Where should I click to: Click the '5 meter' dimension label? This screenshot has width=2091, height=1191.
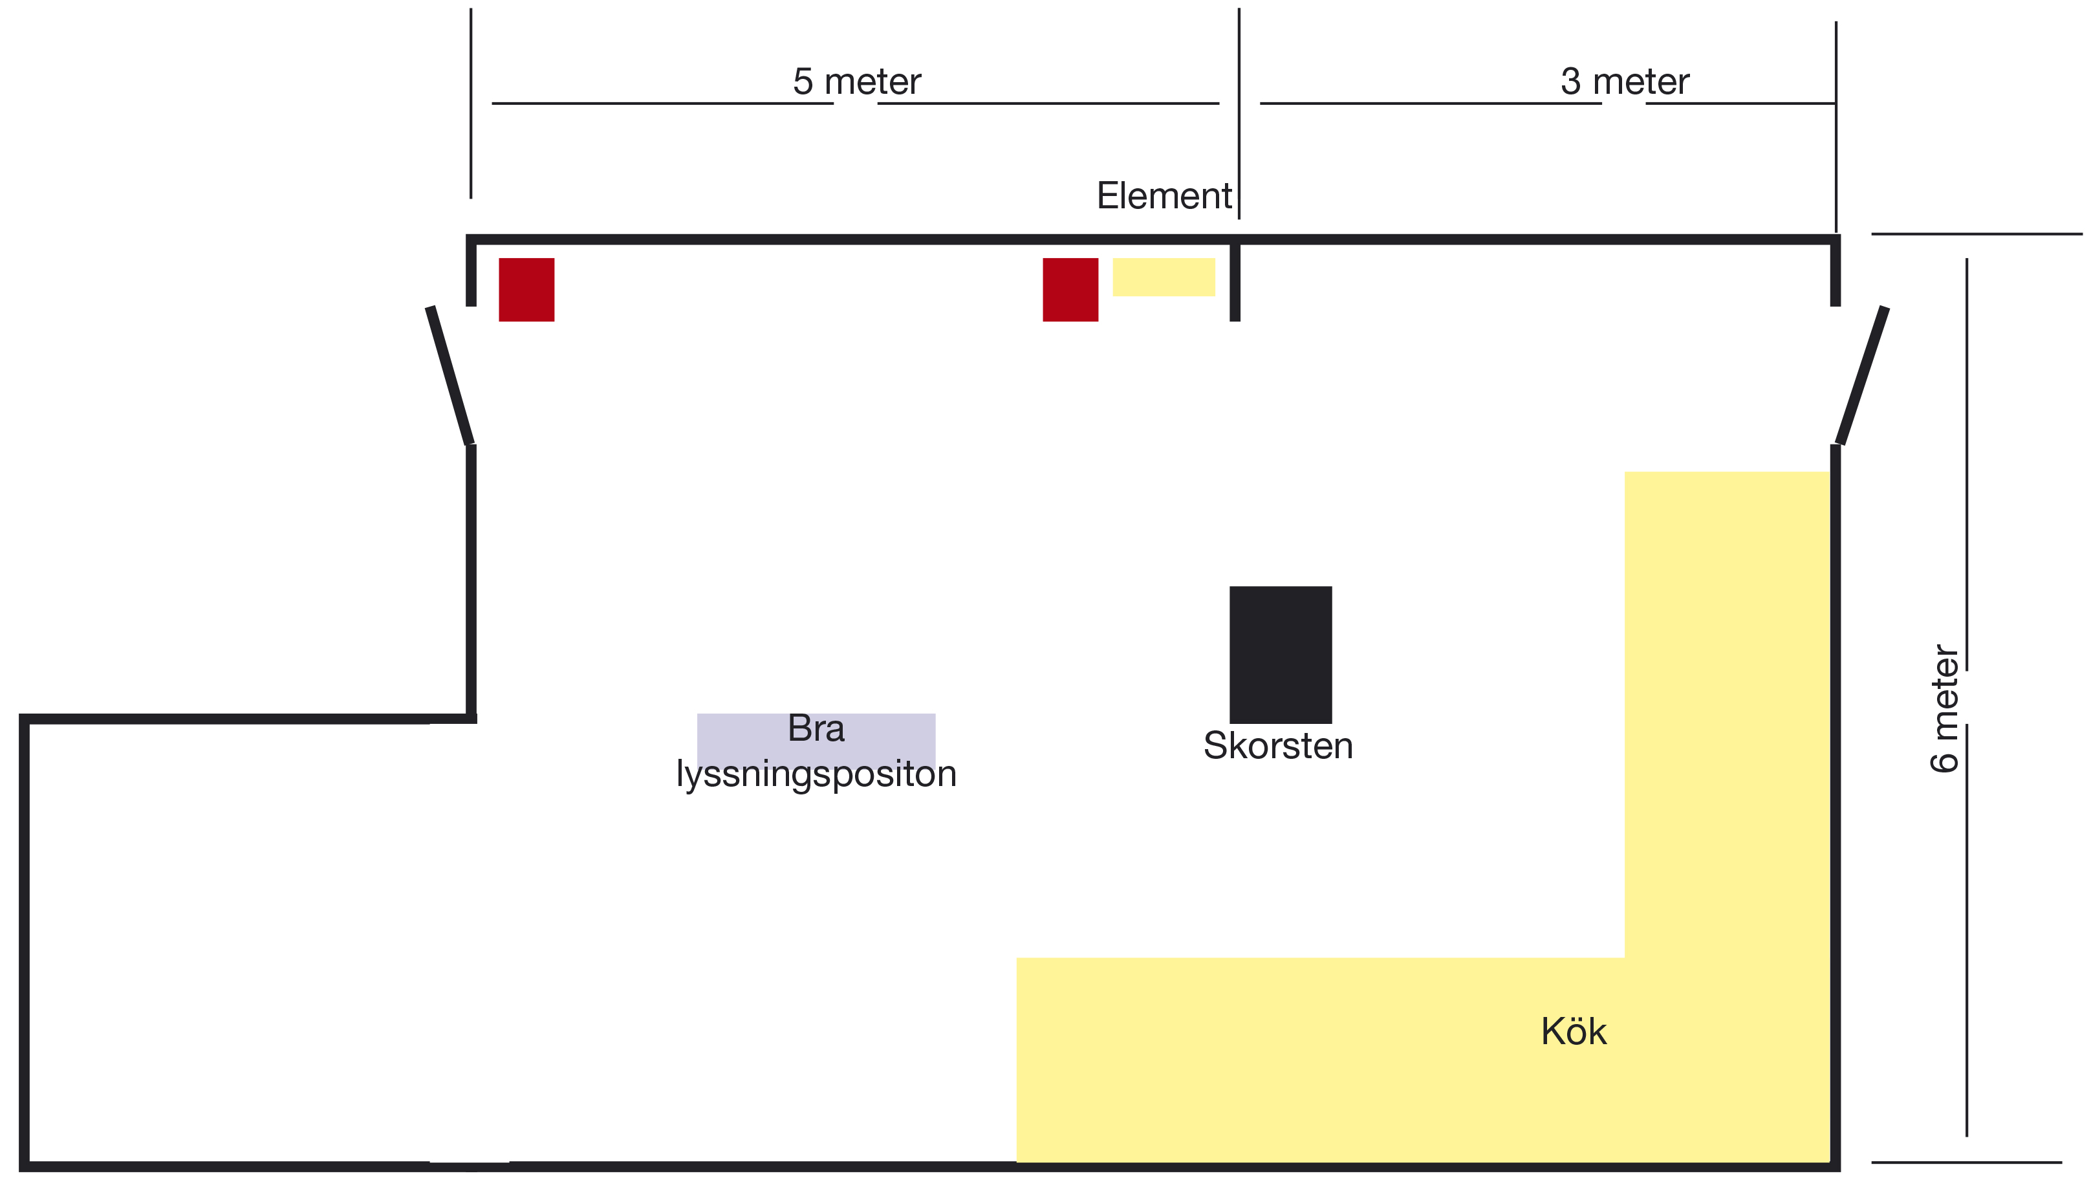pos(856,82)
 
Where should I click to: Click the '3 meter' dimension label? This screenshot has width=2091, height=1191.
pos(1624,82)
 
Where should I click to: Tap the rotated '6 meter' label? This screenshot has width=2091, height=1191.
pos(1945,708)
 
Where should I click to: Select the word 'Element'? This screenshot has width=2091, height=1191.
pos(1164,196)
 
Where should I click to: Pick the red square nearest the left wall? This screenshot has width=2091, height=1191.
pos(526,290)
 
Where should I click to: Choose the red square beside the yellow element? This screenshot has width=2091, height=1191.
pos(1070,290)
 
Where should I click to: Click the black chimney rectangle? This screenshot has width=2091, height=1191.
pos(1280,655)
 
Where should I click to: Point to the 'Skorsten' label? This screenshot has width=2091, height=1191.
pos(1277,746)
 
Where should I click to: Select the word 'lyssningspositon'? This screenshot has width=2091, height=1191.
pos(816,774)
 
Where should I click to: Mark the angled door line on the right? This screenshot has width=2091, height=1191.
pos(1862,377)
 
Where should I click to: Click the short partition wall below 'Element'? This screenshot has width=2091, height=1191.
pos(1235,282)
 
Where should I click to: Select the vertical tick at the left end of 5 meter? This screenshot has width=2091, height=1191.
pos(471,103)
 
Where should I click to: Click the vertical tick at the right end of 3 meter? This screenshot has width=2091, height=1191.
pos(1836,127)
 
